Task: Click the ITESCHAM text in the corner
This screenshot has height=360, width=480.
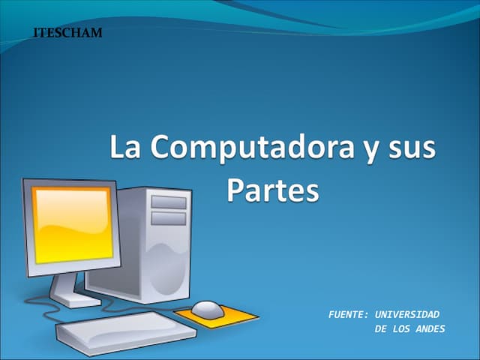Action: click(68, 34)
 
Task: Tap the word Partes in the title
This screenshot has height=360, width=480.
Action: click(272, 190)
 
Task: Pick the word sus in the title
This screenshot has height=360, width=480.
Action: click(412, 148)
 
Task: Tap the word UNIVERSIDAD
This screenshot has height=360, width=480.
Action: click(407, 314)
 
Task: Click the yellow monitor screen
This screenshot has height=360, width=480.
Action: click(72, 223)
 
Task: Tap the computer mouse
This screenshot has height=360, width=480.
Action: click(208, 307)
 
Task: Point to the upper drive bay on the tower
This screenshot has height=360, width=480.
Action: click(168, 202)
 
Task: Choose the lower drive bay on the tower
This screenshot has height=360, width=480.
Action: click(168, 218)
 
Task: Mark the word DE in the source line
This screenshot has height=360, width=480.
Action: click(380, 329)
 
